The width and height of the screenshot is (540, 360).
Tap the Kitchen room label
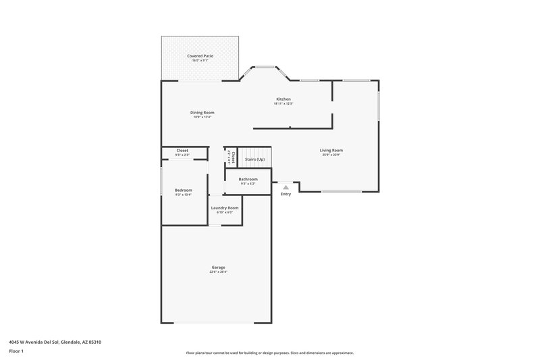(282, 99)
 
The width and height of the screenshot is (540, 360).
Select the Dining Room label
(202, 112)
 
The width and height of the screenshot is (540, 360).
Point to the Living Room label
(331, 150)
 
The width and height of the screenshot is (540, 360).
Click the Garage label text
(218, 267)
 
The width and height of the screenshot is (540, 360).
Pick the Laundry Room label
(224, 207)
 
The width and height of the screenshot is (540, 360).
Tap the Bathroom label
(248, 179)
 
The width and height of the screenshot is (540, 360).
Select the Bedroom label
(184, 190)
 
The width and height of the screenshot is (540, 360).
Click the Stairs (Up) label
(254, 159)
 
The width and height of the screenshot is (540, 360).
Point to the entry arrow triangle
(286, 187)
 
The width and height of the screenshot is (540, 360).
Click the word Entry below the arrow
(286, 195)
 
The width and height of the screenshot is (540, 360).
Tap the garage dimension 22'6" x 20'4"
(218, 272)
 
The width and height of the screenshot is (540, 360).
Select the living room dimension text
(331, 155)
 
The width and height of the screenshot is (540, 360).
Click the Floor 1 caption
(17, 351)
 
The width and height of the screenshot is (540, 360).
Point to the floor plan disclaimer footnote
(269, 353)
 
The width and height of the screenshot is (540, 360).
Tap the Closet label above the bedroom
(182, 150)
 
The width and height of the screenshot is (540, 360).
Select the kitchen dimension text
(282, 104)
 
